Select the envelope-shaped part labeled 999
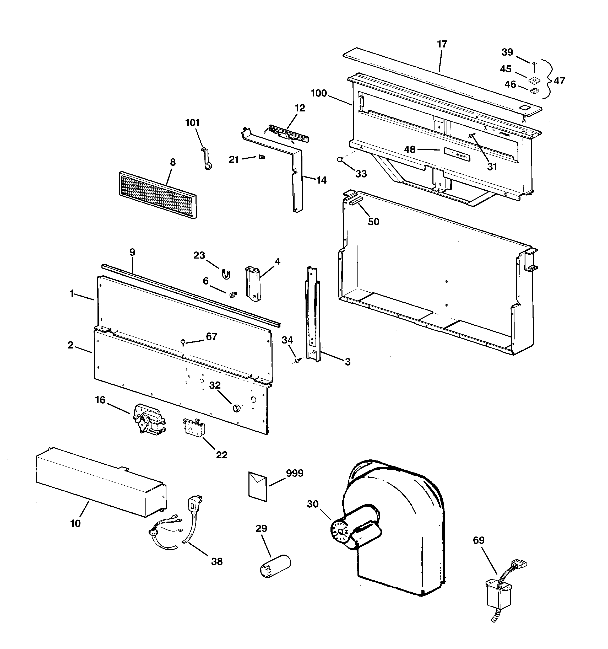258,486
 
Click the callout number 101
192,123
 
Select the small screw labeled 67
183,342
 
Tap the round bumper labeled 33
340,159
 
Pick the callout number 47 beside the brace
559,81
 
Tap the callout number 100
318,93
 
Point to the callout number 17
442,44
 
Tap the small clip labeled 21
261,157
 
